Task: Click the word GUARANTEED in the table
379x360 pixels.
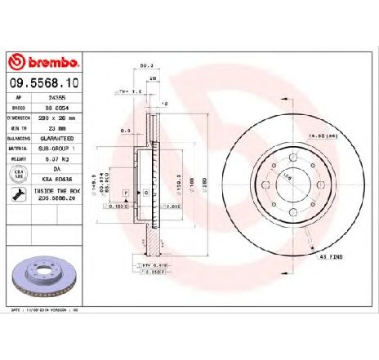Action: tap(63, 138)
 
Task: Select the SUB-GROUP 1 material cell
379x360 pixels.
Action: tap(63, 148)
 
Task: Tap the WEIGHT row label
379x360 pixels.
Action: tap(18, 158)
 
